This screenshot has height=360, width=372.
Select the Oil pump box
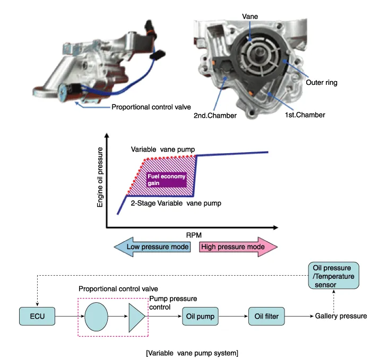point(199,317)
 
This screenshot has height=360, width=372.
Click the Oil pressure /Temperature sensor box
point(333,276)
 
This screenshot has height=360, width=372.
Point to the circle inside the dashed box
point(95,317)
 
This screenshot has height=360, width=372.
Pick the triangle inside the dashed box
point(136,317)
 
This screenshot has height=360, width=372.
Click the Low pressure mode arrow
point(154,247)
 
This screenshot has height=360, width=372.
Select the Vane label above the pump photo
point(250,16)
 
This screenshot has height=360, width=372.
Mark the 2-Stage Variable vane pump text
point(168,202)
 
